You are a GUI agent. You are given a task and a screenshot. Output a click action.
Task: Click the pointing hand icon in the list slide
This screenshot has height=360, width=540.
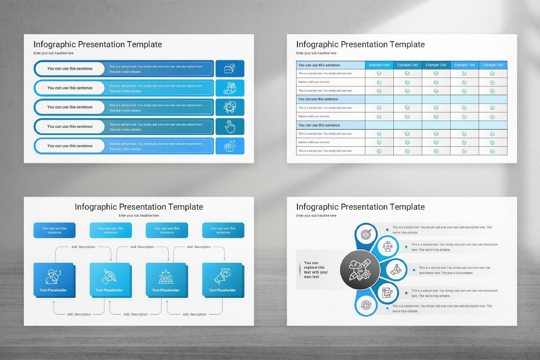(230, 126)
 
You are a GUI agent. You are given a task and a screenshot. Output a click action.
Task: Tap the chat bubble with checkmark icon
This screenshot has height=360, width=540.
(230, 68)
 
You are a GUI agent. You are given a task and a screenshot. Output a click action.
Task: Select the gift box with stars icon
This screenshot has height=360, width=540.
(230, 146)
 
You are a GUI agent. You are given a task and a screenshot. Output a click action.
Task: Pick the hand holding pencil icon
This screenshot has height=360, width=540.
(110, 276)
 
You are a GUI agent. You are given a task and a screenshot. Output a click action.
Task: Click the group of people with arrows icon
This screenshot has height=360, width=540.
(166, 276)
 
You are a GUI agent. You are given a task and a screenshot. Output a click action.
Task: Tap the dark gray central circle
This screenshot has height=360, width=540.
(360, 270)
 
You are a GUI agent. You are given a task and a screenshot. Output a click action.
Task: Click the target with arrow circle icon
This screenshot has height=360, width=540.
(366, 234)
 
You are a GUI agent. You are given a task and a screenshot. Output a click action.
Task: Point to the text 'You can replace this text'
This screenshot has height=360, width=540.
(316, 270)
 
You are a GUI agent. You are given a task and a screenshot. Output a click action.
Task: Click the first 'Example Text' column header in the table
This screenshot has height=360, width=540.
(379, 65)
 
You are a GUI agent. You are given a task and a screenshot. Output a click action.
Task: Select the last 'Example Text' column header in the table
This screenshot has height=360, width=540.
(493, 65)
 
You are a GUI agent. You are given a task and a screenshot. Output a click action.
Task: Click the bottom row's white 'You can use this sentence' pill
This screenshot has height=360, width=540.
(70, 146)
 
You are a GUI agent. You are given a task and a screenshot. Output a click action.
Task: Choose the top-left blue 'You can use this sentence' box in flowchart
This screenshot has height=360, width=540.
(54, 230)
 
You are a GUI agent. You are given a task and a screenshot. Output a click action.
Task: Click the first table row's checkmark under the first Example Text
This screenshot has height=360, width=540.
(379, 73)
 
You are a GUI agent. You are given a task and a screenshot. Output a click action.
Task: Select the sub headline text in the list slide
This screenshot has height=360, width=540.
(53, 53)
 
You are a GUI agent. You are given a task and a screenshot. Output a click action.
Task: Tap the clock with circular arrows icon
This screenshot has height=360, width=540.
(230, 107)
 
